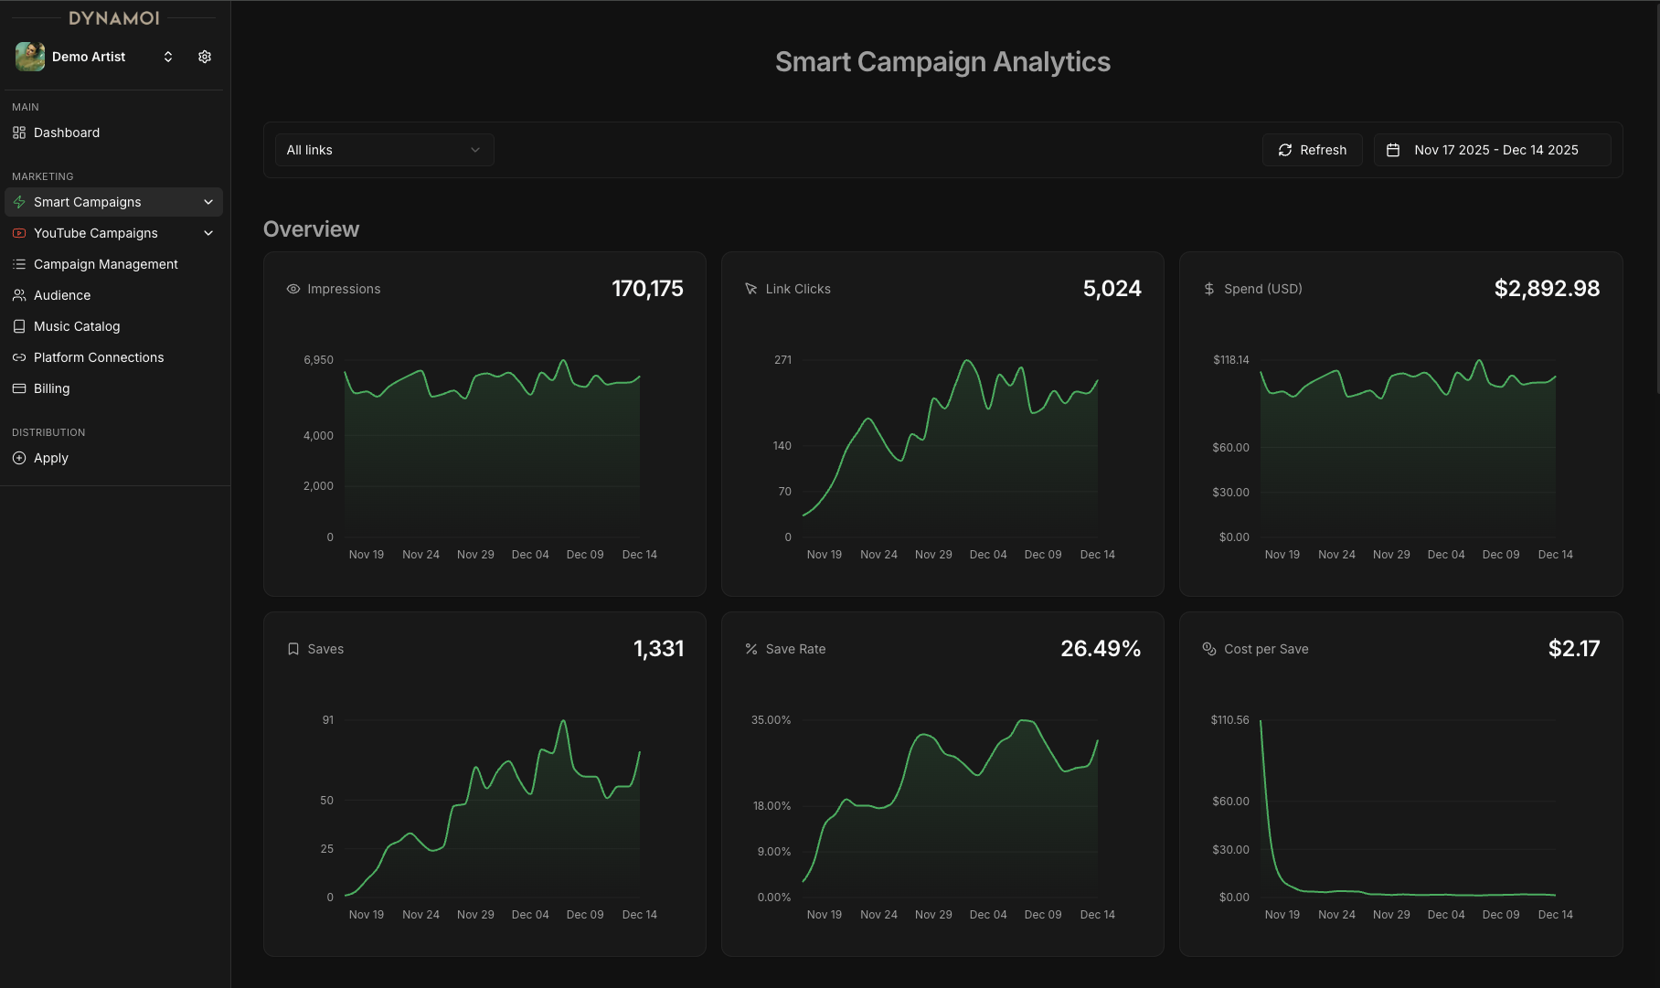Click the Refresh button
point(1312,150)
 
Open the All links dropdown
point(384,150)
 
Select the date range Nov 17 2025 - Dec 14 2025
point(1492,150)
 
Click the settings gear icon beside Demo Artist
point(205,57)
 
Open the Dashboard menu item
point(67,133)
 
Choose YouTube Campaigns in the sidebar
point(96,233)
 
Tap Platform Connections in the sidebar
point(99,357)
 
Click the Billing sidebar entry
point(52,388)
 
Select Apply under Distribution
point(51,458)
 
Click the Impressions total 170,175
point(647,289)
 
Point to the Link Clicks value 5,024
point(1112,289)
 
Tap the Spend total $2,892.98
point(1547,289)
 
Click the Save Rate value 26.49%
point(1101,649)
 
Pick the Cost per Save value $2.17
point(1573,649)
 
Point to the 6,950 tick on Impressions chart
point(318,360)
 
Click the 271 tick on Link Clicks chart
point(782,360)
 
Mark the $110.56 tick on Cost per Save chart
point(1229,720)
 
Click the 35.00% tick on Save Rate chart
point(771,720)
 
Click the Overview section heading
point(311,229)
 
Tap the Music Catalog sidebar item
point(77,326)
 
